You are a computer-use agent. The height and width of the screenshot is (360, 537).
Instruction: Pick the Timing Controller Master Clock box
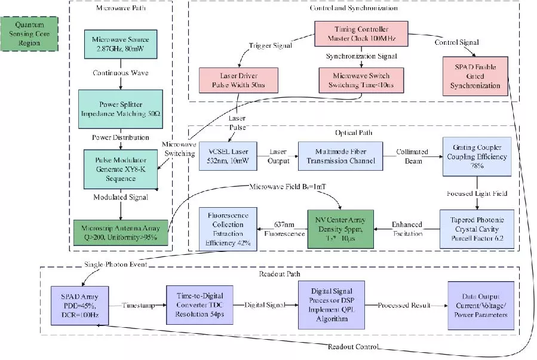[x=361, y=33]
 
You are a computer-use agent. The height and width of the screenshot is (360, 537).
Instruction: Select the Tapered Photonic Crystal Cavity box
[x=477, y=229]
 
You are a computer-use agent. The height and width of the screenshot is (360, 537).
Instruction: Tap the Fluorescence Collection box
[x=229, y=228]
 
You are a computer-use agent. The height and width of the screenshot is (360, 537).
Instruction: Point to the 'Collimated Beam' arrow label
[x=410, y=156]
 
